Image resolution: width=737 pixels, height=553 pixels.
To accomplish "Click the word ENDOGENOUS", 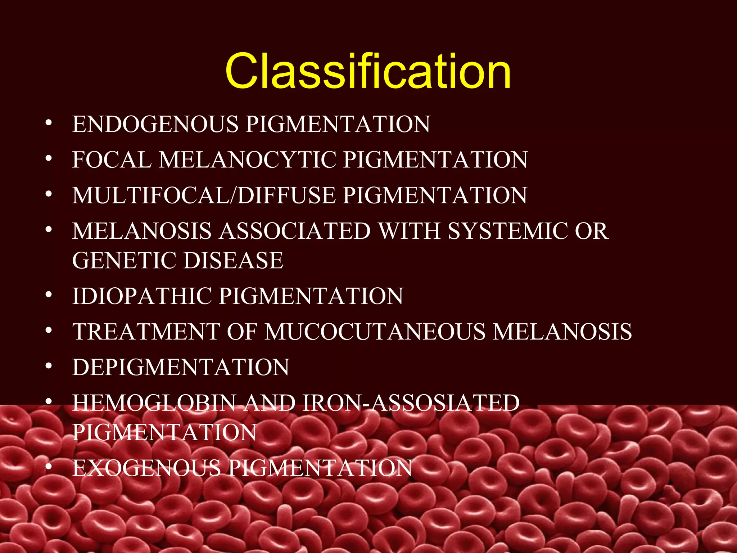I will (155, 124).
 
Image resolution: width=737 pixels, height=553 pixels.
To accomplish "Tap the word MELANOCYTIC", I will (247, 159).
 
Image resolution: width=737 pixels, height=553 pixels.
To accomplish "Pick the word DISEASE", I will (233, 260).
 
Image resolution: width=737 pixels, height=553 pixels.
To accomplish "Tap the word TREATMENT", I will (146, 332).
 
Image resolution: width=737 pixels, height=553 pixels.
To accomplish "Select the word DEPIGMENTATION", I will (181, 367).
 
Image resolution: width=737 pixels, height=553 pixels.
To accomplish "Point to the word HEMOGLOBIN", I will (154, 403).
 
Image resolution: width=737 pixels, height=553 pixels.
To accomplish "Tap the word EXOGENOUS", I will (146, 468).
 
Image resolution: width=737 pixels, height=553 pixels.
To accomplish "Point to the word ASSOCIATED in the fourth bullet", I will (295, 231).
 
